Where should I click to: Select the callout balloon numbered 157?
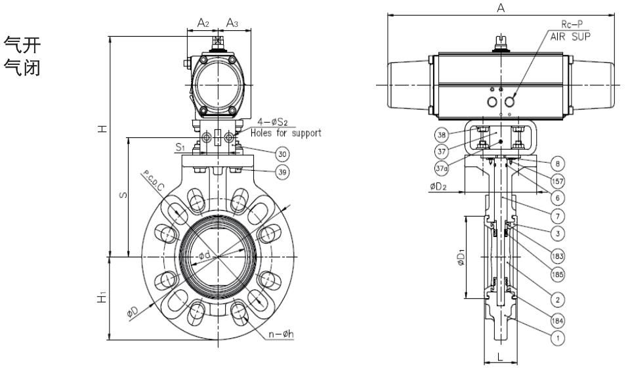(556, 180)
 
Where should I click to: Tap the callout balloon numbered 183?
(556, 255)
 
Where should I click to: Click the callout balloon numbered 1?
(556, 339)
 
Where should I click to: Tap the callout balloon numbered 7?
(556, 215)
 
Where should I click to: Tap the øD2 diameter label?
(440, 186)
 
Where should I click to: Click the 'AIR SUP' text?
(570, 38)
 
